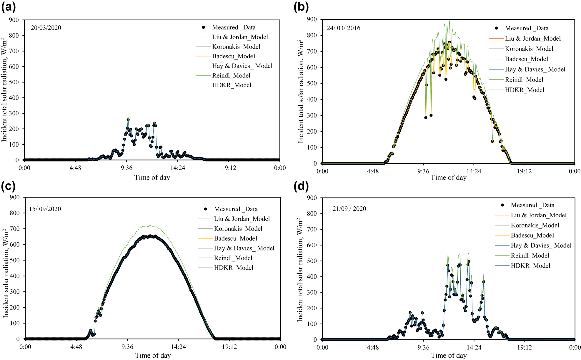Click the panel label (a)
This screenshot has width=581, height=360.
tap(8, 6)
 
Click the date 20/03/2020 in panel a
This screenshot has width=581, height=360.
tap(46, 28)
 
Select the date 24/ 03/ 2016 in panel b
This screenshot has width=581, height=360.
tap(343, 28)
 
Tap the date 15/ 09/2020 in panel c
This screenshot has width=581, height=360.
tap(45, 209)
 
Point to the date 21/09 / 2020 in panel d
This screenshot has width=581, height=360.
tap(349, 209)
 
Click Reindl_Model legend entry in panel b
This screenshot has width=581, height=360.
tap(524, 79)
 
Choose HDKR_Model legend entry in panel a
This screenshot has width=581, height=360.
tap(232, 85)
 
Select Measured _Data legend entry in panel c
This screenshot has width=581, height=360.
tap(236, 209)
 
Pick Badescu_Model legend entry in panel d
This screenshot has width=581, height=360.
tap(532, 235)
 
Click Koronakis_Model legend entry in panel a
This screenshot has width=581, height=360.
tap(236, 47)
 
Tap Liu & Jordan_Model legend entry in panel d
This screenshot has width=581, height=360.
tap(538, 215)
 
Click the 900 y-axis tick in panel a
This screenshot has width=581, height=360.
tap(14, 20)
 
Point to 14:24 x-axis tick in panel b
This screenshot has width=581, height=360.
tap(474, 171)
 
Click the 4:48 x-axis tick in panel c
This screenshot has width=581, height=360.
tap(76, 347)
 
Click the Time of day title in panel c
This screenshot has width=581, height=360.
tap(153, 356)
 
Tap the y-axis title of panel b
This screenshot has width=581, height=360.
tap(300, 91)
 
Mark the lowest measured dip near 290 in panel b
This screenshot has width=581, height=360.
tap(426, 117)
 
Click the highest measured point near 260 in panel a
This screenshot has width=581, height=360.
tap(128, 120)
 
